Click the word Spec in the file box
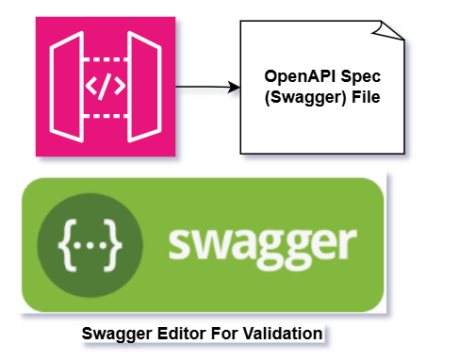point(355,77)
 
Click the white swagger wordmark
point(263,246)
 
